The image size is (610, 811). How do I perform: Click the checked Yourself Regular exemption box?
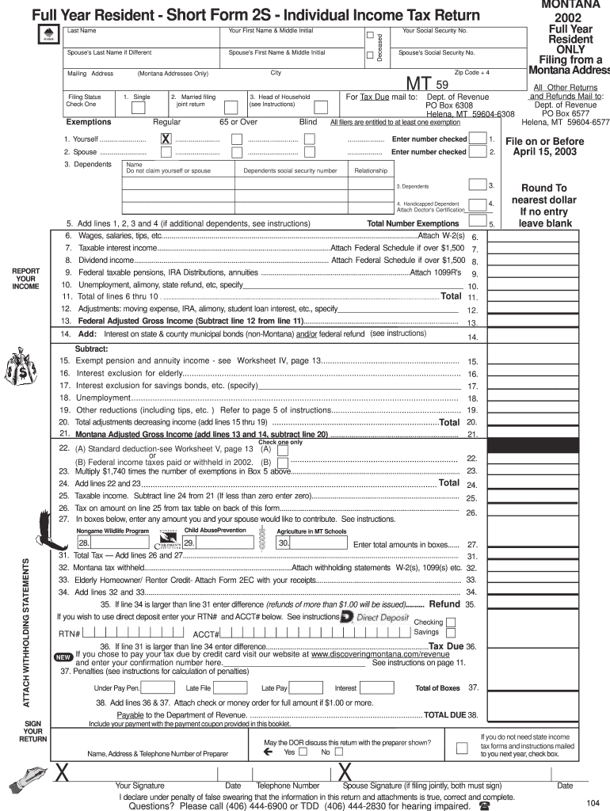(x=166, y=139)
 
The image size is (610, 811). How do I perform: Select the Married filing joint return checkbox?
(x=231, y=107)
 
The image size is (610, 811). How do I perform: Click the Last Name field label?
(x=82, y=31)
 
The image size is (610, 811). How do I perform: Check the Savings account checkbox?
(x=451, y=633)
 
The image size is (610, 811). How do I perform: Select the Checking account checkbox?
(x=451, y=620)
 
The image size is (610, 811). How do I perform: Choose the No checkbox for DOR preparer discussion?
(x=338, y=752)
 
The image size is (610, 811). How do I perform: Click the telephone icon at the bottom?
(x=484, y=806)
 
